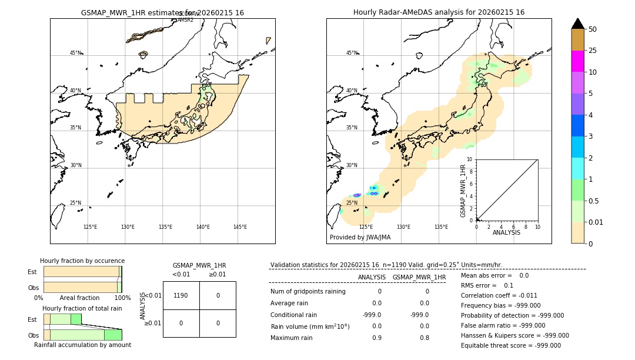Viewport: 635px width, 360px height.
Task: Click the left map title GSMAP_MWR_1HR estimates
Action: tap(162, 12)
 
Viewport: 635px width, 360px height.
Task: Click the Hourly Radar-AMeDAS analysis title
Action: tap(439, 12)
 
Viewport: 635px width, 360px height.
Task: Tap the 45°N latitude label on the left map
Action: tap(75, 53)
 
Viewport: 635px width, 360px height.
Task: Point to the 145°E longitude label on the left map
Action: tap(240, 227)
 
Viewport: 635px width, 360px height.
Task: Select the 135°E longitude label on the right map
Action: tap(441, 227)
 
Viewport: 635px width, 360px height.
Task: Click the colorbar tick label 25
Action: tap(593, 51)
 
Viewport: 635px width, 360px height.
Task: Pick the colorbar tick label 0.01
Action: tap(596, 222)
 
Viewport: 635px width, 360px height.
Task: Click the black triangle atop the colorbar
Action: tap(578, 24)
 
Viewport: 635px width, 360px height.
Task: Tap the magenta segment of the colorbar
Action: tap(578, 61)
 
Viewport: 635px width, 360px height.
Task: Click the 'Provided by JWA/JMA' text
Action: tap(360, 238)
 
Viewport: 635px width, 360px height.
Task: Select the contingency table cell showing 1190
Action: tap(181, 295)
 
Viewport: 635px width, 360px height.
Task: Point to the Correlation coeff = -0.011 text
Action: tap(500, 295)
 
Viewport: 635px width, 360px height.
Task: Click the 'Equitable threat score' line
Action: tap(510, 345)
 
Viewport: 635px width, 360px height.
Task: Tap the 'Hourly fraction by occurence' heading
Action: tap(82, 261)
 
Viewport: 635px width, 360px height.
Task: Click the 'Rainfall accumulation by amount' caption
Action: tap(82, 345)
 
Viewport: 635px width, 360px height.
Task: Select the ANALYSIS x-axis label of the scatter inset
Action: tap(506, 232)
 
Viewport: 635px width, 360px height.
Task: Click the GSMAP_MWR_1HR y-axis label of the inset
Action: tap(463, 191)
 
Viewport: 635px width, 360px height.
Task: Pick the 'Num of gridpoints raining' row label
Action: tap(308, 291)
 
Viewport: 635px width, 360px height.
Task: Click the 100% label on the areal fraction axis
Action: tap(122, 298)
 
